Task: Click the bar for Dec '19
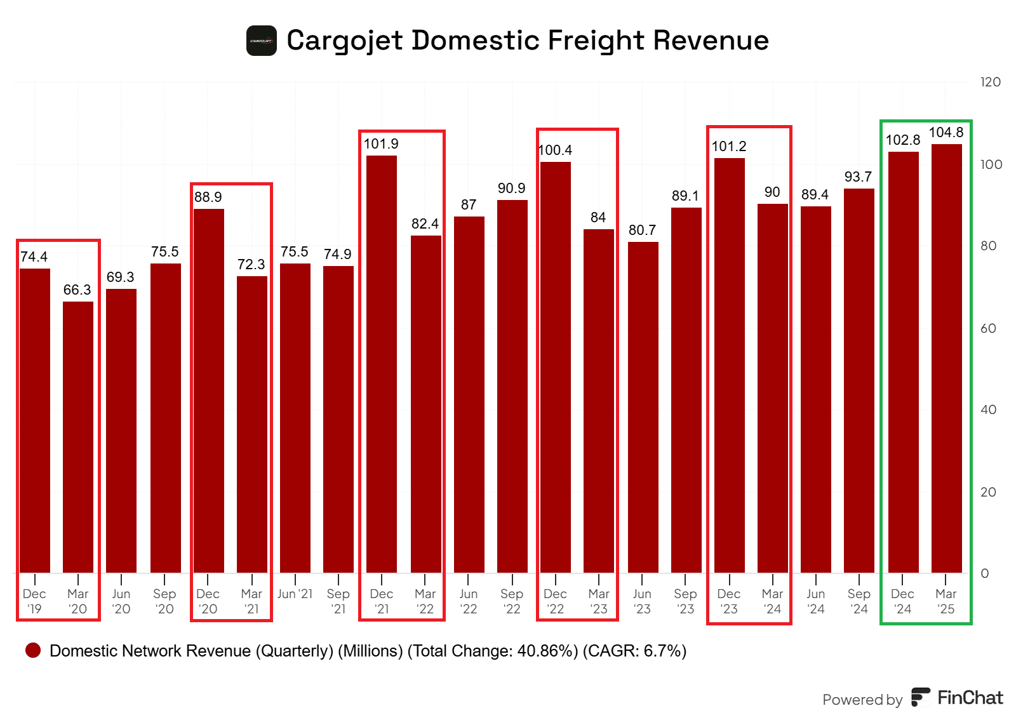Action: coord(35,420)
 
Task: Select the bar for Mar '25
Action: coord(946,358)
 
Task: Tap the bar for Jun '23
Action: coord(643,407)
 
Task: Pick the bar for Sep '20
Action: coord(165,418)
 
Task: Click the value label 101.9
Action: coord(381,144)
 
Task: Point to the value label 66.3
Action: coord(77,290)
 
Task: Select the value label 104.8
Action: coord(946,133)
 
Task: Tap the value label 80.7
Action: coord(642,230)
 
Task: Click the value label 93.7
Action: coord(858,177)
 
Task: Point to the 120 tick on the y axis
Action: coord(990,82)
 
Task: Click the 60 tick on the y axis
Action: coord(988,328)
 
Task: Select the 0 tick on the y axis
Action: coord(984,573)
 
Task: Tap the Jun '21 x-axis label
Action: coord(295,594)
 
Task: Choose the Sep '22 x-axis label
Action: coord(512,601)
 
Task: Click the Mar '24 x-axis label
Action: coord(772,601)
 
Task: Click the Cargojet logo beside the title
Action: coord(262,41)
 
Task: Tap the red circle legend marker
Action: coord(33,650)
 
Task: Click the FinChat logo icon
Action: coord(921,697)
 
